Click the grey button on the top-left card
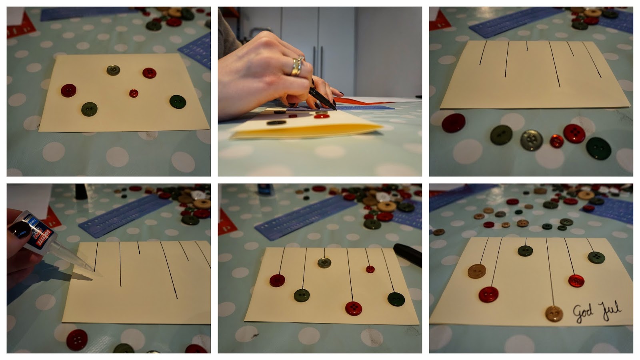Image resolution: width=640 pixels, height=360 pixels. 114,70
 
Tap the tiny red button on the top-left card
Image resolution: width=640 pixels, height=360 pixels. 134,93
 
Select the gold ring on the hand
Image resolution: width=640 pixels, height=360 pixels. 296,66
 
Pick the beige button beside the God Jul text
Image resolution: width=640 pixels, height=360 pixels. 554,313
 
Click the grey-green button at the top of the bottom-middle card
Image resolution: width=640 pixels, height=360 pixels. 324,263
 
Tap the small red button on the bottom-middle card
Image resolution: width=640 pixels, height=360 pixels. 370,269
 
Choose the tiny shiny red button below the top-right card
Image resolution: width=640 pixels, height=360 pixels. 556,141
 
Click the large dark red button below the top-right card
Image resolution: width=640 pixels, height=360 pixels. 454,122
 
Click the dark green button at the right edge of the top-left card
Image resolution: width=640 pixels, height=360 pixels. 178,102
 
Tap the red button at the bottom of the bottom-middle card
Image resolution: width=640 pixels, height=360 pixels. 354,308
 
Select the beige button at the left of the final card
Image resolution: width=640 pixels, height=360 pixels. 477,271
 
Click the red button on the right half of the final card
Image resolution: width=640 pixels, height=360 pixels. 576,280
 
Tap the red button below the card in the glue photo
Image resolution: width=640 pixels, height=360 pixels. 77,340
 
